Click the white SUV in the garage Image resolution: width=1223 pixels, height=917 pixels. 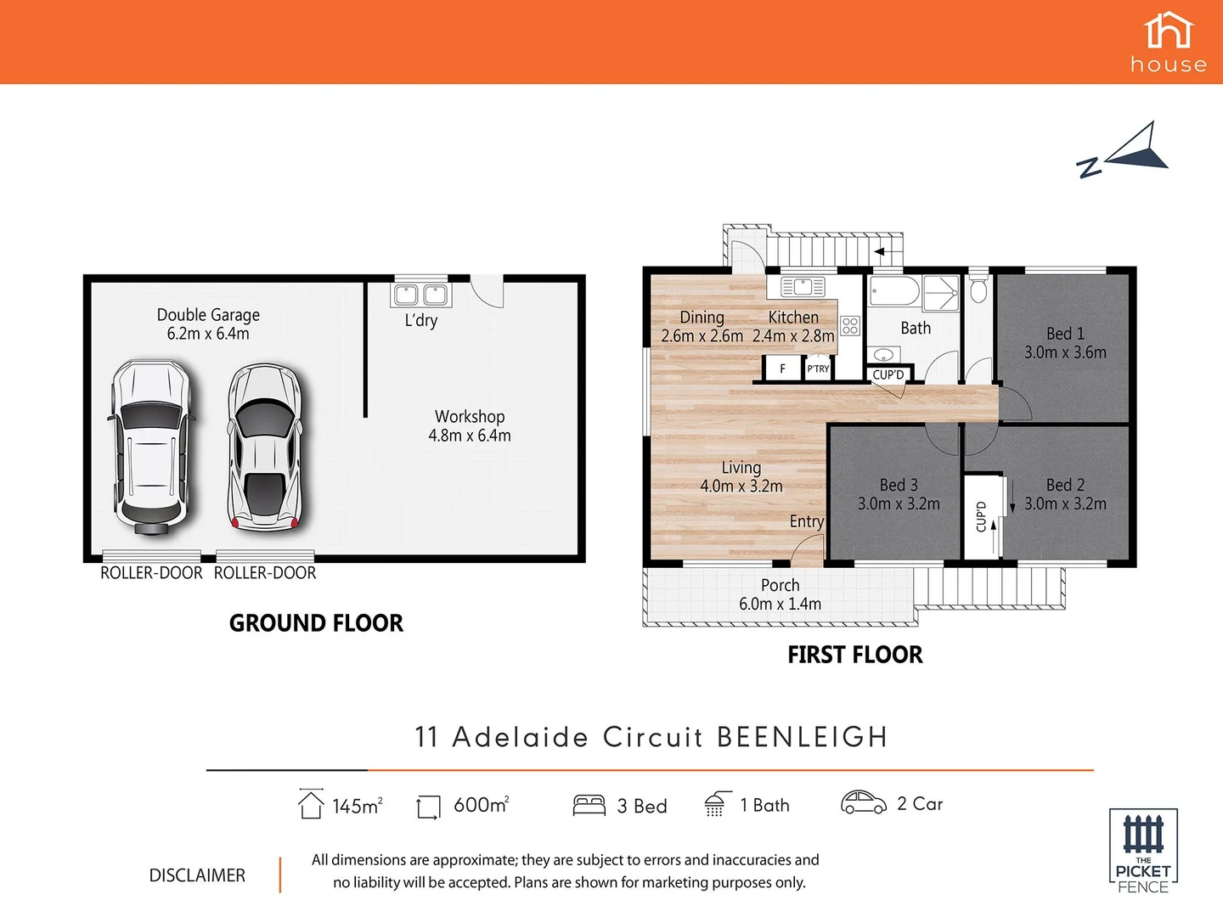(x=150, y=447)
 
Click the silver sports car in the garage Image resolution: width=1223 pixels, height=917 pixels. (x=264, y=447)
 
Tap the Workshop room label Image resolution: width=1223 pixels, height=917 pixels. (x=470, y=417)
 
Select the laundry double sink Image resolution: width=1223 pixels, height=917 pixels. (x=420, y=295)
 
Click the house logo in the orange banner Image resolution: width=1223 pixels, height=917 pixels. (x=1169, y=42)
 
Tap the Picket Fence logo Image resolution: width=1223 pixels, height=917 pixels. (x=1143, y=851)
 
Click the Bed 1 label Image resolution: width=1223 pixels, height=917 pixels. (x=1065, y=334)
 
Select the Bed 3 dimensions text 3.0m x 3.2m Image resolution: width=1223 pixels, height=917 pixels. (x=899, y=504)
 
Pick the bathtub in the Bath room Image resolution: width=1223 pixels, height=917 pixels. (x=893, y=291)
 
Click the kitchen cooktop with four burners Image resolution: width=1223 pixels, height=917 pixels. (x=850, y=326)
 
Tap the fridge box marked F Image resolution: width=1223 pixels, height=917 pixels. (x=782, y=368)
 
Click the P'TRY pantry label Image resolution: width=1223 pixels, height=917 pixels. (x=818, y=368)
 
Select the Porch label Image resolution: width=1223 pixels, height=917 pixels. (x=780, y=585)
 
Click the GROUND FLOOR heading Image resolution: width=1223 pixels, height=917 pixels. (x=316, y=623)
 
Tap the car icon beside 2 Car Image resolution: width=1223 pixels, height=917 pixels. (x=863, y=802)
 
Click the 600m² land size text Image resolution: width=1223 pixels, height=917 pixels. (x=481, y=805)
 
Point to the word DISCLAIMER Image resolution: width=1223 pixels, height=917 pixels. (x=197, y=875)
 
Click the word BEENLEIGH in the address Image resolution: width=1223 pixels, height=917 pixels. (x=803, y=737)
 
